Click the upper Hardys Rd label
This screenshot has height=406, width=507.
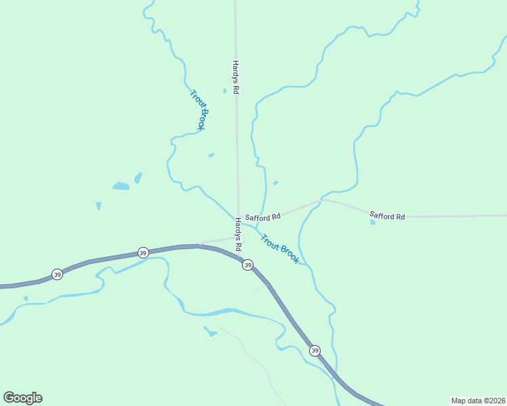pos(236,76)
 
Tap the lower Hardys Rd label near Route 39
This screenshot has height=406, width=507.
pos(238,234)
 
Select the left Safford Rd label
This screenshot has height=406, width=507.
pos(263,217)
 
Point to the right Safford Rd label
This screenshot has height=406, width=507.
pos(387,217)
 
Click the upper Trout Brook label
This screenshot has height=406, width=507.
pos(198,110)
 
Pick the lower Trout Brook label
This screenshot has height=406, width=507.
pos(279,249)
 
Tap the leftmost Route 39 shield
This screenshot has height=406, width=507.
pos(57,274)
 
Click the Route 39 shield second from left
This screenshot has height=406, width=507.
pos(142,252)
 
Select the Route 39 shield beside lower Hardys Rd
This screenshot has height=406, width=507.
pos(247,265)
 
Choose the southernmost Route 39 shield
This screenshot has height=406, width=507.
pos(315,351)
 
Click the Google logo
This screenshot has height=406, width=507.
pos(22,398)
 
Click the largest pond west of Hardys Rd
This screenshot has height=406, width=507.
pos(121,186)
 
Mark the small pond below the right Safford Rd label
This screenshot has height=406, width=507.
pos(373,222)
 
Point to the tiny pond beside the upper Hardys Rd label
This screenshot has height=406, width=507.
pos(224,91)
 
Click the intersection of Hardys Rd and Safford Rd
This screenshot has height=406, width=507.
pos(238,219)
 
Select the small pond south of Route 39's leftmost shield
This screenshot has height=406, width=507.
pos(26,298)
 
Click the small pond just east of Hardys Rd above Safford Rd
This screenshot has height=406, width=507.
pos(275,183)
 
